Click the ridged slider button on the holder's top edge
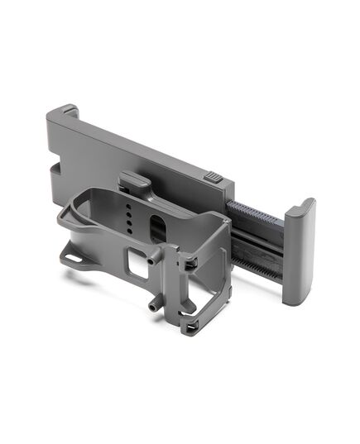coord(214,176)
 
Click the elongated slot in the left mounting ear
coord(74,257)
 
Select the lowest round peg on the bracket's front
coord(155,305)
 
